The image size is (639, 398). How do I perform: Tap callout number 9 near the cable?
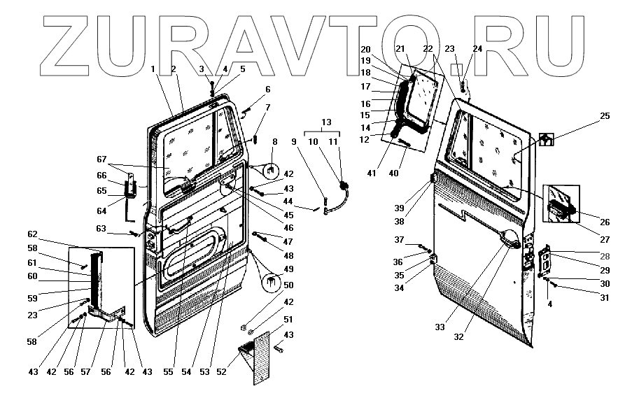point(295,142)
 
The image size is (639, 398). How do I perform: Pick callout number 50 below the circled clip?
point(288,285)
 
